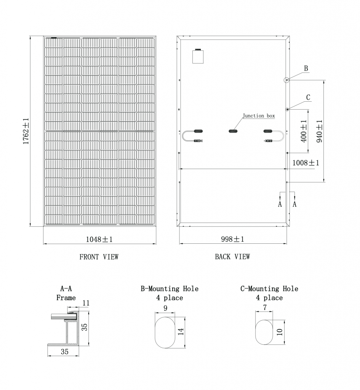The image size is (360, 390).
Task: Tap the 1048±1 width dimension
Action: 99,239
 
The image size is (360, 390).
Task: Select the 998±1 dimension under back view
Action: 232,239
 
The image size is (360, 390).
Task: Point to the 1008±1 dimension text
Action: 306,163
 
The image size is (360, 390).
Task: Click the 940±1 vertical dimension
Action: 319,131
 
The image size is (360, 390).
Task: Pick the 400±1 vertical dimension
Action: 304,131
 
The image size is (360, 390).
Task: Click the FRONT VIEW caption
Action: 99,257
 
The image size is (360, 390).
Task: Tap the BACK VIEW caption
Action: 232,257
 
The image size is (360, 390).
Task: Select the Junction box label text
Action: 259,116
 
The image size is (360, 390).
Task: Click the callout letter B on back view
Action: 306,69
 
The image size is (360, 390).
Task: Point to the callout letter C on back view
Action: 308,97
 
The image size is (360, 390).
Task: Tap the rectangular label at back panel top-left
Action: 198,56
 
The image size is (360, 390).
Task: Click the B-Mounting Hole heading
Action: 170,289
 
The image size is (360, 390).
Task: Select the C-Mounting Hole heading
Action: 269,289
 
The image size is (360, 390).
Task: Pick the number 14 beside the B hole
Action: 181,331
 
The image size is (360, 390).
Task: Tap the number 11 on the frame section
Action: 86,303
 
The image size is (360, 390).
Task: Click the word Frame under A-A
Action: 66,298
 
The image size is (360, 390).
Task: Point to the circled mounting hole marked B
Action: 287,80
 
